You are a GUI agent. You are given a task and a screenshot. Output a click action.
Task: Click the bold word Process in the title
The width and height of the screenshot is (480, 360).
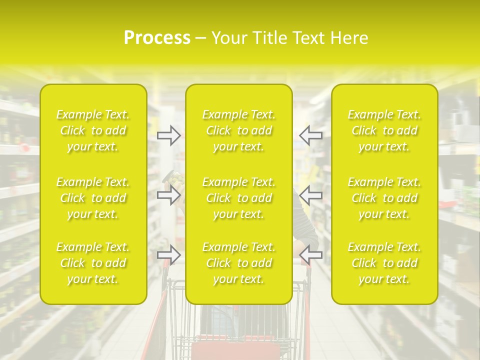(157, 38)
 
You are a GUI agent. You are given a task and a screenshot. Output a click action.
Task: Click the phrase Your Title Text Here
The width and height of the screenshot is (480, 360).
(290, 38)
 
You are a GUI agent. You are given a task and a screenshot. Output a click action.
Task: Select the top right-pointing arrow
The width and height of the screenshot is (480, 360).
(168, 135)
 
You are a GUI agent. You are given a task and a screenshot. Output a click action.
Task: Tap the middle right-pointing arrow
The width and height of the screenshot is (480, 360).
(168, 195)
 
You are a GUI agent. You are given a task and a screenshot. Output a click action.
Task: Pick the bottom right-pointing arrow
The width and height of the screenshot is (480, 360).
(168, 255)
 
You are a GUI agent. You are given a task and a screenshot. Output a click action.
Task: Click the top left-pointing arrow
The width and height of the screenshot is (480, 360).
(310, 135)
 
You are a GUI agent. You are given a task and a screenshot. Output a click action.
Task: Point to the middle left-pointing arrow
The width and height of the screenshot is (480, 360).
(310, 195)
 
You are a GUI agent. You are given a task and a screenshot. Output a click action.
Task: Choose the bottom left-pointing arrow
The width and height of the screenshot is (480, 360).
(310, 255)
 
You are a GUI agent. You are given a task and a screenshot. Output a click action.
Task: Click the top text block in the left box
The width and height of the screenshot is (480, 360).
(93, 130)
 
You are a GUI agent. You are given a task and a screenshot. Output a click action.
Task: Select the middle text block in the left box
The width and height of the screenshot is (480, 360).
(93, 198)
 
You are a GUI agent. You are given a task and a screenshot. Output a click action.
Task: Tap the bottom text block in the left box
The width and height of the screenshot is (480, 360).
(93, 263)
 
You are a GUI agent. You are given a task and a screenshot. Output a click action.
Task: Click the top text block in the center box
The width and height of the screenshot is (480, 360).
(239, 130)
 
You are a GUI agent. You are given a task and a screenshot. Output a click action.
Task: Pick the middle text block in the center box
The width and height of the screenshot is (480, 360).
(239, 198)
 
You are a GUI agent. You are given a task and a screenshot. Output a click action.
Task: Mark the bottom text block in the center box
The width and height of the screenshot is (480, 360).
(239, 263)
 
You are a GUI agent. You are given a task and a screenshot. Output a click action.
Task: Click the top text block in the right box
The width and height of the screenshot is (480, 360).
(384, 130)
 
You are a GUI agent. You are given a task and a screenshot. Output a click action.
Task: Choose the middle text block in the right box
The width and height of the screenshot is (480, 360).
(384, 198)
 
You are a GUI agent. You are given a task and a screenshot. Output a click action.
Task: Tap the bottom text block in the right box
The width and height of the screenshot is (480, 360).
(384, 263)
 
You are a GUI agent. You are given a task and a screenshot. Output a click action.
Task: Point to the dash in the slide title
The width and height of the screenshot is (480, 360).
(200, 38)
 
